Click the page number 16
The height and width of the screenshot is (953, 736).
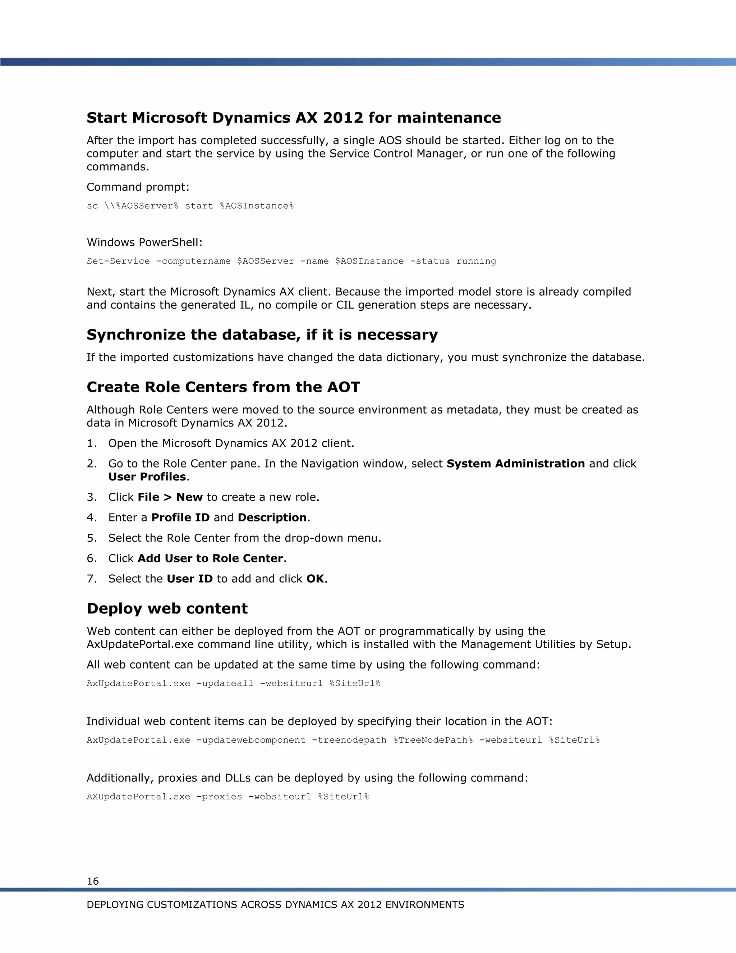click(92, 881)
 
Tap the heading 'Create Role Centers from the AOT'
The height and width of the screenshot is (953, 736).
click(223, 387)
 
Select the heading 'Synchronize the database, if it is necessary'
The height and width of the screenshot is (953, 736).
click(262, 335)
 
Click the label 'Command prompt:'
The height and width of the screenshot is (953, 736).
click(138, 187)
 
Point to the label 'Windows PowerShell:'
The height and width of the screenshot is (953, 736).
click(144, 242)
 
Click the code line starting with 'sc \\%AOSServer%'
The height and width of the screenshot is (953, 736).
click(190, 206)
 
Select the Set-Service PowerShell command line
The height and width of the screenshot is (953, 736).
click(291, 261)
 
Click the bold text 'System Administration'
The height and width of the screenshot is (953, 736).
click(515, 464)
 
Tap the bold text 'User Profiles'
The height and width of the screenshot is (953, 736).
click(147, 476)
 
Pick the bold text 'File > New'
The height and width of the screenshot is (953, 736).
click(170, 497)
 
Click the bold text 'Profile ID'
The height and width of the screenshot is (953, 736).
click(180, 517)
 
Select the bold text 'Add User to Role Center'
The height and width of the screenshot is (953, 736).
click(211, 558)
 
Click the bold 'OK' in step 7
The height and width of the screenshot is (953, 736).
click(315, 579)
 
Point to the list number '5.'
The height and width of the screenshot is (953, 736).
click(92, 538)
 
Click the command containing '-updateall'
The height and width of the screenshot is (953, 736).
click(233, 683)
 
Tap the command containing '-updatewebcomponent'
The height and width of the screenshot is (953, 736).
click(343, 740)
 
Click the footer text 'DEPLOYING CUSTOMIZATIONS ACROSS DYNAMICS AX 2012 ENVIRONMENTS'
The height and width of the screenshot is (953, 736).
click(275, 904)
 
